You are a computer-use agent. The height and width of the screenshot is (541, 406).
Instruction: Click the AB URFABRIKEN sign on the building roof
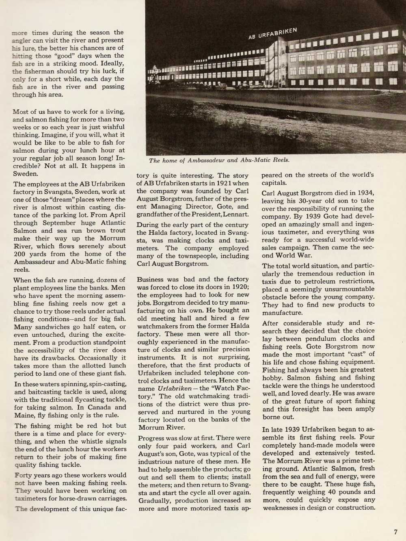[x=272, y=34]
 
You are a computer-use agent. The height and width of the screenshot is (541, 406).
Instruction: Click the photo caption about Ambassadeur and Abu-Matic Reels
[x=219, y=160]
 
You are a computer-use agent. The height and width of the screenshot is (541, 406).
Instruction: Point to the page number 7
[x=395, y=532]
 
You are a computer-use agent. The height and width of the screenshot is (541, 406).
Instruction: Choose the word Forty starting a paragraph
[x=24, y=475]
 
